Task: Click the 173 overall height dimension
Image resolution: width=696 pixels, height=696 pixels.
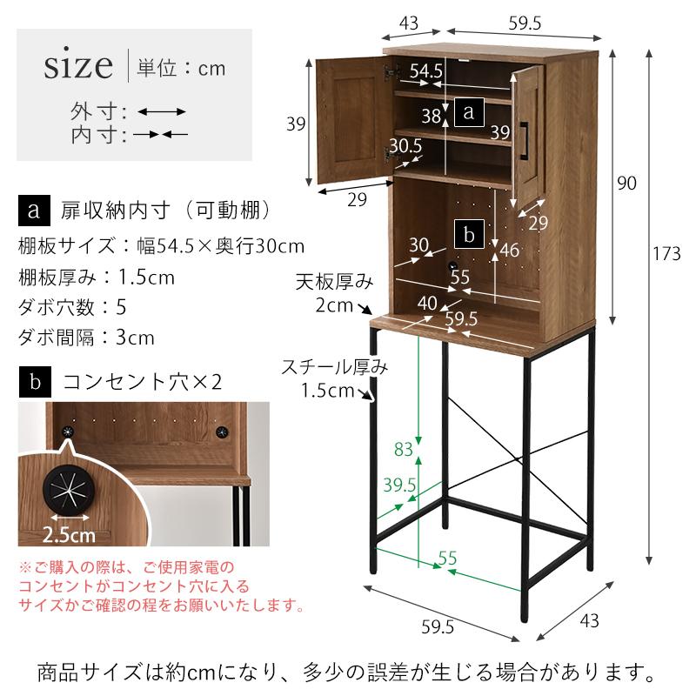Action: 666,254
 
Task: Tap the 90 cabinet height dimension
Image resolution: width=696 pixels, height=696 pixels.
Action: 627,183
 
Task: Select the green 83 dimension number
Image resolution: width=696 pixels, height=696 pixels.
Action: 403,450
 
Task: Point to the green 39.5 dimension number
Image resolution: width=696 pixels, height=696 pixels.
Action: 399,486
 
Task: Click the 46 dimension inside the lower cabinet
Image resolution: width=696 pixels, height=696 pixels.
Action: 510,251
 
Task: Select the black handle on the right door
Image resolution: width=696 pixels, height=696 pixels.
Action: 525,142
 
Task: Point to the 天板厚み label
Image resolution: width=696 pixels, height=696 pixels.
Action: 345,283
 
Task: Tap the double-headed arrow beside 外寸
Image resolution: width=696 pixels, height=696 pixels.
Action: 162,112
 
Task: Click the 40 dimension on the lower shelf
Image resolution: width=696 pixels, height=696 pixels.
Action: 427,303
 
